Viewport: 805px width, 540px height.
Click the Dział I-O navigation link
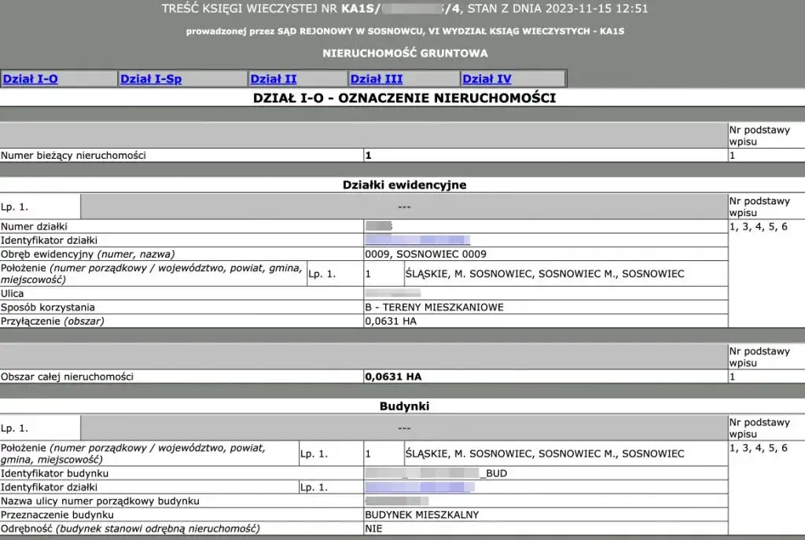(x=31, y=79)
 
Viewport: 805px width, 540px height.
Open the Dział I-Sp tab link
(x=151, y=79)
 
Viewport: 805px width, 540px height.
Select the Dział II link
(x=273, y=79)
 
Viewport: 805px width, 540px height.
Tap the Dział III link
(x=377, y=79)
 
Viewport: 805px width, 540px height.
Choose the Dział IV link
(x=487, y=79)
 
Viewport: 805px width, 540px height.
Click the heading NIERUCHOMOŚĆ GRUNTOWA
(x=405, y=53)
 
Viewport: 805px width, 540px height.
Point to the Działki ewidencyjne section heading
(x=404, y=185)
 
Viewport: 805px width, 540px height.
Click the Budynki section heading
(x=404, y=406)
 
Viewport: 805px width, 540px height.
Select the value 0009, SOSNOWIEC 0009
(x=425, y=254)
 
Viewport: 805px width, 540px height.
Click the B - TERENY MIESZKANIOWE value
(x=434, y=307)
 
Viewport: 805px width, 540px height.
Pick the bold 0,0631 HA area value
(x=393, y=377)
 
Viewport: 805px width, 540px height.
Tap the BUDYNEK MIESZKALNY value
(x=422, y=515)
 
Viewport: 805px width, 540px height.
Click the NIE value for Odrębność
(x=374, y=529)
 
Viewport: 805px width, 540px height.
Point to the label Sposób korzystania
(x=48, y=307)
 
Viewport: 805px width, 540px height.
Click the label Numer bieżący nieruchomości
(x=73, y=156)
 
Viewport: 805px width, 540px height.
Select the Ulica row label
(x=13, y=293)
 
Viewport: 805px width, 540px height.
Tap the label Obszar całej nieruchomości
(x=67, y=377)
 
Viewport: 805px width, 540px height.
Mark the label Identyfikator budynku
(x=54, y=473)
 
